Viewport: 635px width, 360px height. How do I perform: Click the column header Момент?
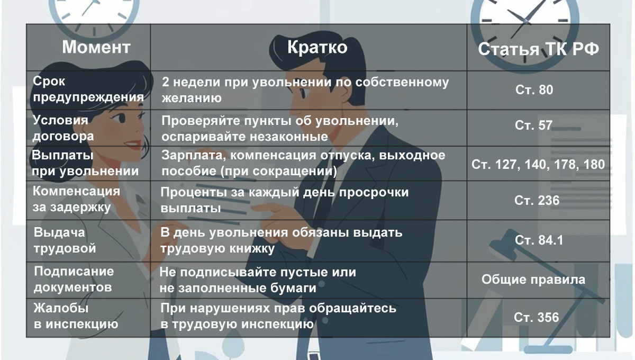click(x=96, y=47)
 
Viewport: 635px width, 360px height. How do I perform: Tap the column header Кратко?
click(x=317, y=47)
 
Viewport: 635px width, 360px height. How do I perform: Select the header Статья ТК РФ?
click(x=539, y=49)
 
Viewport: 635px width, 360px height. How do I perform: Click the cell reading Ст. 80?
click(x=534, y=90)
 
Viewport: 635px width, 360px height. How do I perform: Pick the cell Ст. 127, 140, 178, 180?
click(x=538, y=164)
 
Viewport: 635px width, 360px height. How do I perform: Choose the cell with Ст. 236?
click(x=537, y=201)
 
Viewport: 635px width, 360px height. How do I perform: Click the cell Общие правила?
click(x=533, y=279)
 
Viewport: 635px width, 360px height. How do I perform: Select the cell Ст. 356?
click(x=536, y=317)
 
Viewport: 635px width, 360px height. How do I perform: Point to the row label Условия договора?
click(x=63, y=128)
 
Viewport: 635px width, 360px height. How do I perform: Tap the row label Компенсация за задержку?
click(x=76, y=199)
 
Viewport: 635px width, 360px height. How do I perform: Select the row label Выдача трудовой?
click(x=65, y=240)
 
